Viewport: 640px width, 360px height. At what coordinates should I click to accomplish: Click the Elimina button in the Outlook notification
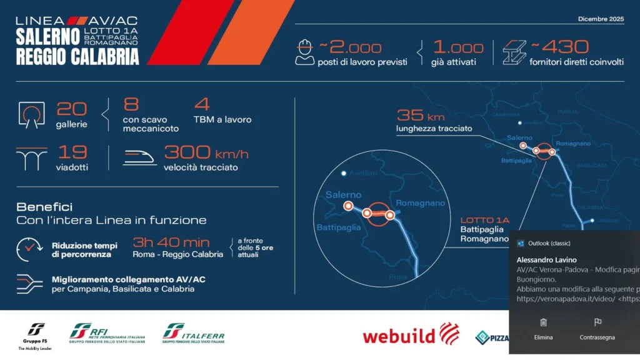pyautogui.click(x=543, y=328)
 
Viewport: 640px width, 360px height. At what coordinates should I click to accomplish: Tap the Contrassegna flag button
pyautogui.click(x=597, y=328)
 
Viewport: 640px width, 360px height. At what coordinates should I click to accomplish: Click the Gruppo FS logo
pyautogui.click(x=36, y=336)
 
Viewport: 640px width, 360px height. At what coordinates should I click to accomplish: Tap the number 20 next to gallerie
pyautogui.click(x=72, y=109)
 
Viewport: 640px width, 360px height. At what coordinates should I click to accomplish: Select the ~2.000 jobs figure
pyautogui.click(x=350, y=47)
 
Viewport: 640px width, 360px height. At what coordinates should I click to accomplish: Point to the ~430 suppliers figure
pyautogui.click(x=559, y=47)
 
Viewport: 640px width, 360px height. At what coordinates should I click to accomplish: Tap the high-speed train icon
pyautogui.click(x=140, y=157)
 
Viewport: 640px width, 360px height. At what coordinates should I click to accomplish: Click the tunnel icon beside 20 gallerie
pyautogui.click(x=32, y=113)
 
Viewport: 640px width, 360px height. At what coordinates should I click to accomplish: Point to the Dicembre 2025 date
pyautogui.click(x=601, y=19)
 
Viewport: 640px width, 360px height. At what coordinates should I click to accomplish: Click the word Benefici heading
pyautogui.click(x=44, y=207)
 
